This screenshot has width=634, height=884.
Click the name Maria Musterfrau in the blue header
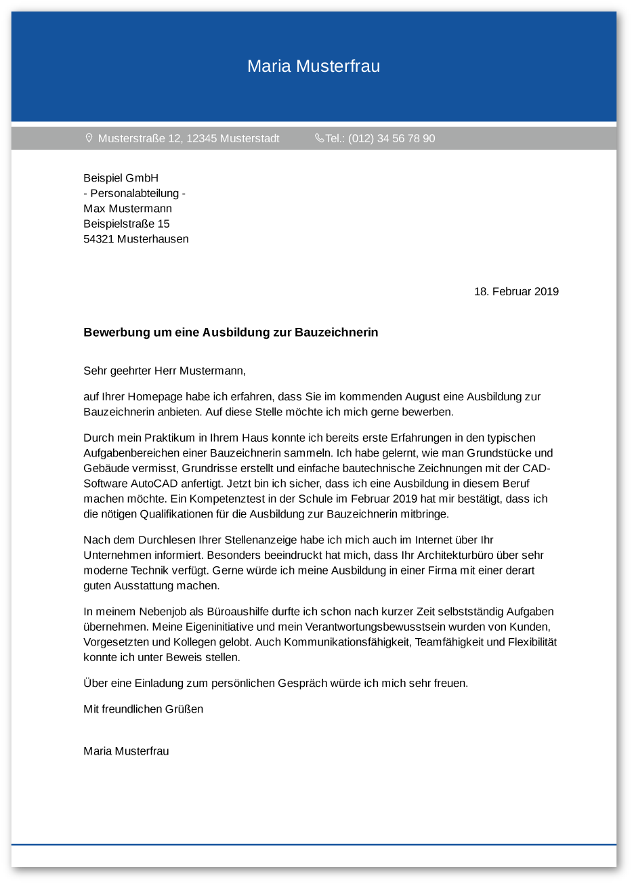point(314,66)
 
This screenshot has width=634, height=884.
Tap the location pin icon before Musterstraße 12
point(89,138)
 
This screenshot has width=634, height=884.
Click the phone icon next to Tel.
point(319,138)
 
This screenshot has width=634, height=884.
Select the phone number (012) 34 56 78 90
point(392,139)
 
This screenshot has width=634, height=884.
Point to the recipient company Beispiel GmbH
point(121,178)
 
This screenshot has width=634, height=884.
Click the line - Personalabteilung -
point(134,194)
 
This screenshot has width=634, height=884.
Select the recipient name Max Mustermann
point(127,209)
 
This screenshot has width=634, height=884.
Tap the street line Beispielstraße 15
point(126,224)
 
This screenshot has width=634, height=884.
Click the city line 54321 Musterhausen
point(135,239)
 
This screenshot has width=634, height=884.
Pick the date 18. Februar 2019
point(516,292)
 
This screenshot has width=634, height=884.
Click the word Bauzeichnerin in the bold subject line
point(336,333)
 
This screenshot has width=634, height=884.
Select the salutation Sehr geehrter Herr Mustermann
point(164,371)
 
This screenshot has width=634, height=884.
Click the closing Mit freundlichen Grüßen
point(143,709)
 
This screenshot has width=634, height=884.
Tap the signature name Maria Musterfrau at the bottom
point(126,751)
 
